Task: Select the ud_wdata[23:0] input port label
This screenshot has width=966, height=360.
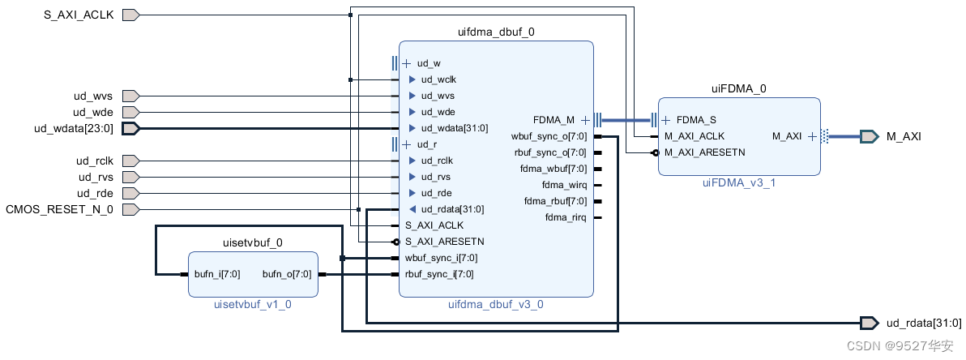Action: tap(74, 128)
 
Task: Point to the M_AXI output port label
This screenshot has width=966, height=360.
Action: tap(904, 136)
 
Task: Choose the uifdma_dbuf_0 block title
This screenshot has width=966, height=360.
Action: tap(496, 32)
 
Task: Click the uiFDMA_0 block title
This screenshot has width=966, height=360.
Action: tap(738, 89)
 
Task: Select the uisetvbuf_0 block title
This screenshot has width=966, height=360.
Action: tap(252, 242)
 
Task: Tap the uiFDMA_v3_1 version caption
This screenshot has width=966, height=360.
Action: tap(738, 183)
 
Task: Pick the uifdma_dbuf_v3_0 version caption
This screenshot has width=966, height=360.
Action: tap(495, 304)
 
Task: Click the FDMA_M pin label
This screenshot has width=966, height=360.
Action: tap(554, 120)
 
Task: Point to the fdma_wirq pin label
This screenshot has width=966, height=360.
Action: tap(565, 185)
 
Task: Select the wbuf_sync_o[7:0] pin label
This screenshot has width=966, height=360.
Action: tap(549, 136)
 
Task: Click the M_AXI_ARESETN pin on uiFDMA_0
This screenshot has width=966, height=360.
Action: tap(704, 152)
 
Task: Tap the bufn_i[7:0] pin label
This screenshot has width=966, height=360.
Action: tap(217, 274)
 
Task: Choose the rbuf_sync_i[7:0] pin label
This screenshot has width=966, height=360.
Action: tap(439, 274)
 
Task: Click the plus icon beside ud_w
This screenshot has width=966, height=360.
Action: tap(407, 63)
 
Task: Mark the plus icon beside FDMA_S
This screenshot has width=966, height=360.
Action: tap(665, 120)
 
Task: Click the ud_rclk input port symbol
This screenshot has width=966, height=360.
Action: tap(130, 161)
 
